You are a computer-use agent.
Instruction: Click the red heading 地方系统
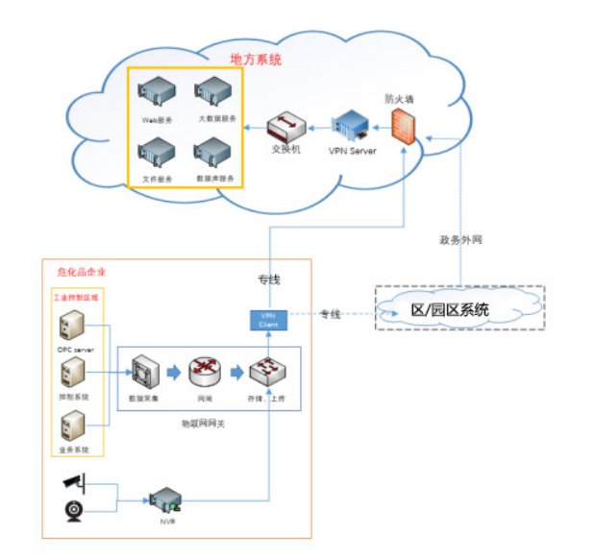pyautogui.click(x=256, y=60)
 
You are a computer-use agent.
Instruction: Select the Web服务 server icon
pyautogui.click(x=156, y=94)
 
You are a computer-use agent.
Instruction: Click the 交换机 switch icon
pyautogui.click(x=285, y=127)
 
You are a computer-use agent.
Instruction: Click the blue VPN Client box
pyautogui.click(x=268, y=320)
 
